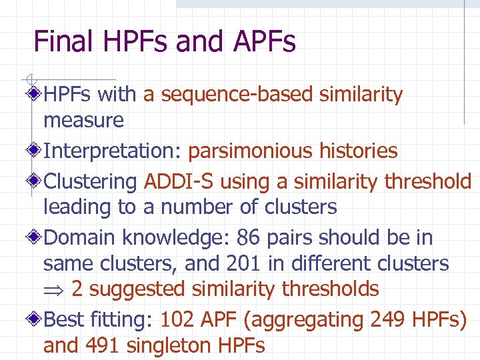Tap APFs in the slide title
(x=265, y=42)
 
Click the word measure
(x=83, y=121)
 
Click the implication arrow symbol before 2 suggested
(x=54, y=290)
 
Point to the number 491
(x=104, y=346)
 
